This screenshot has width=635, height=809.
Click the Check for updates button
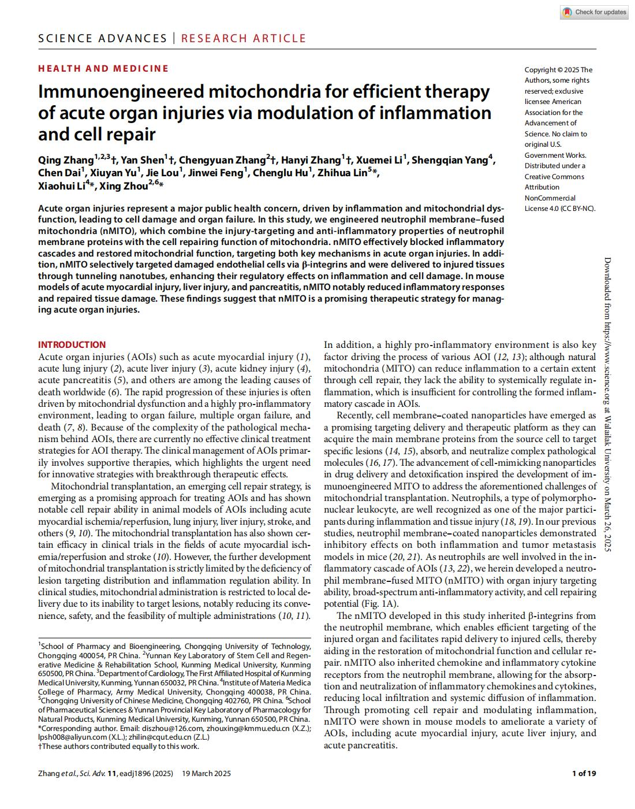tap(594, 12)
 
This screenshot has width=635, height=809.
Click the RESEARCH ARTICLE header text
tap(244, 39)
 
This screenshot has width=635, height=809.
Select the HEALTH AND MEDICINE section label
tap(103, 68)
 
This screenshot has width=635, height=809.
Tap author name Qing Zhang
tap(66, 160)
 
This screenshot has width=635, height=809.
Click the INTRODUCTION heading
tap(72, 344)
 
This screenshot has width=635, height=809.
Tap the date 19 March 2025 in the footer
tap(206, 773)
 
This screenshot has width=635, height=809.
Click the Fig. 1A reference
tap(384, 603)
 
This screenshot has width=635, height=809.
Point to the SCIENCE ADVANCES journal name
tap(102, 39)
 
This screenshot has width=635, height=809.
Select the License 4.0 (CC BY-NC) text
tap(559, 209)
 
